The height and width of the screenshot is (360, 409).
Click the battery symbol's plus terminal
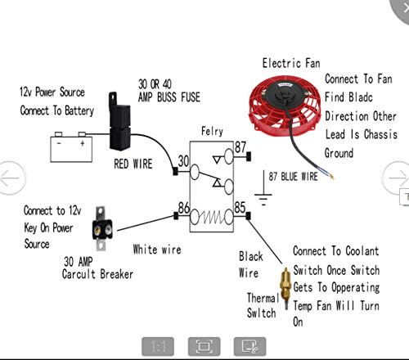click(x=82, y=134)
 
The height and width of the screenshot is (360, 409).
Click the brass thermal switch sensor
click(x=285, y=288)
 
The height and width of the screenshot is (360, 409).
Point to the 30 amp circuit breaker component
click(x=101, y=228)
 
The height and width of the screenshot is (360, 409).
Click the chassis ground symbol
click(x=263, y=188)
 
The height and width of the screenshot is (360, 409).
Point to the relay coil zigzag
click(x=212, y=218)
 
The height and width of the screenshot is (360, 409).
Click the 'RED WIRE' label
click(x=133, y=164)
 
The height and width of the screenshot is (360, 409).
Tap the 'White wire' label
click(x=157, y=250)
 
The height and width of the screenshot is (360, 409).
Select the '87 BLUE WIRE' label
click(x=293, y=177)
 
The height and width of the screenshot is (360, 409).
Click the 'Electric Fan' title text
click(x=291, y=63)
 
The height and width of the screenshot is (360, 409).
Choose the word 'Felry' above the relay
click(x=212, y=131)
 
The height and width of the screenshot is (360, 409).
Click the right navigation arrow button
click(x=397, y=178)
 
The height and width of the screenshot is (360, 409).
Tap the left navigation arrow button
click(x=11, y=178)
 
